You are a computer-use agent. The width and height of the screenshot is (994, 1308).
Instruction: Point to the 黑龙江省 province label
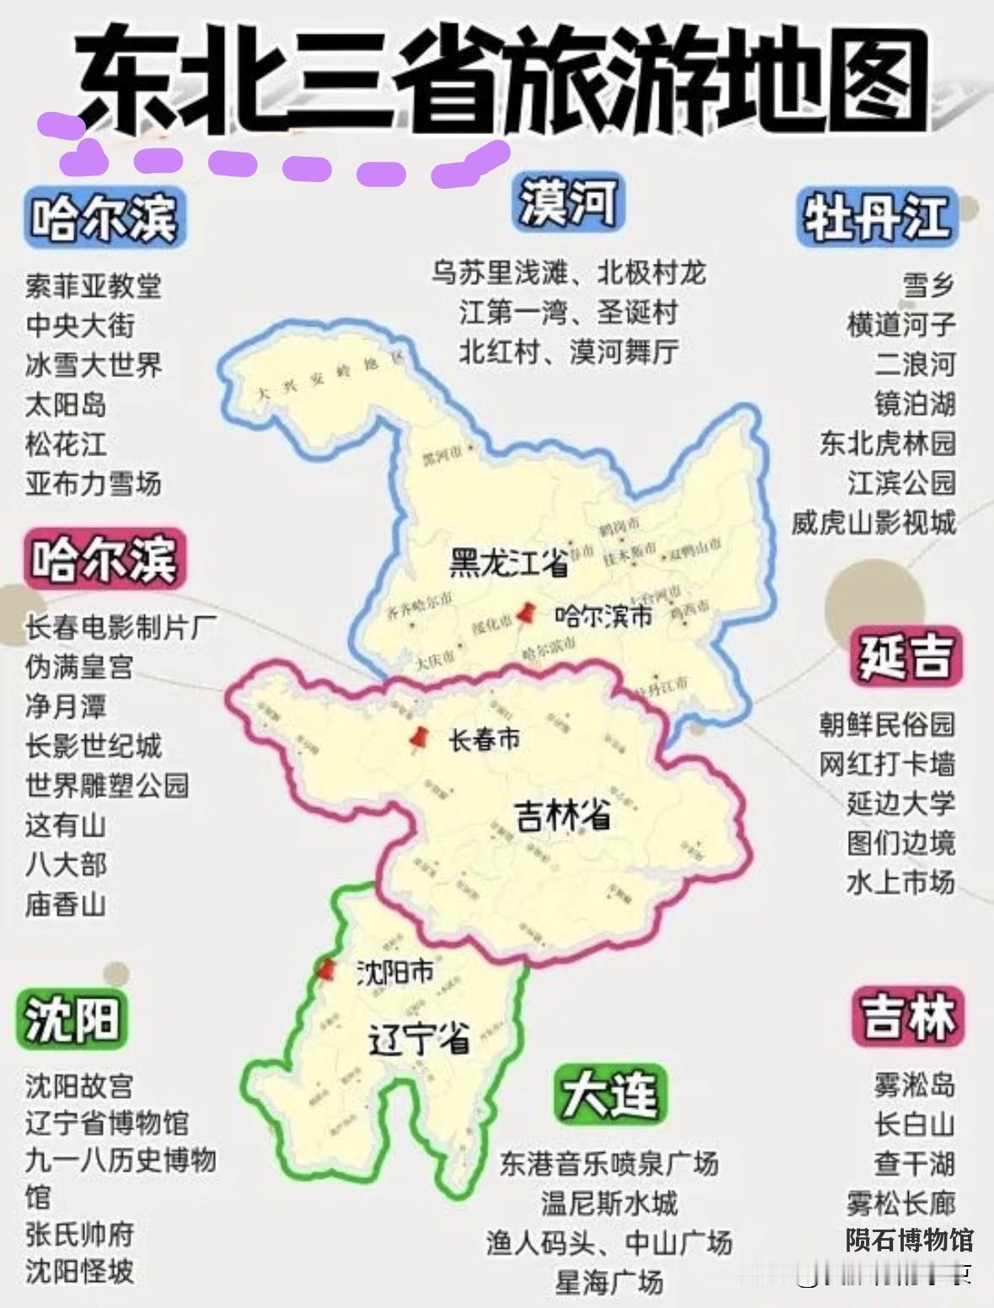click(x=509, y=563)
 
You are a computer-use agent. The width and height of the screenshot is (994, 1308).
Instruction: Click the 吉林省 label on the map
click(x=563, y=815)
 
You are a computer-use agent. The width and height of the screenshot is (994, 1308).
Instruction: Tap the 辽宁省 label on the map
click(x=419, y=1040)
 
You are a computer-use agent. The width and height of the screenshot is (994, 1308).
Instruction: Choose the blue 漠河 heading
click(x=568, y=203)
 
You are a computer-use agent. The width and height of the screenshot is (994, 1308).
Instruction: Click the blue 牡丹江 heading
click(x=875, y=217)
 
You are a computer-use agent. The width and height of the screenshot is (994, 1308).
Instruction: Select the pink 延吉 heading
click(x=905, y=655)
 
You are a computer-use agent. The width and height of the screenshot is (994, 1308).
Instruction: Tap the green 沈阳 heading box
click(x=72, y=1019)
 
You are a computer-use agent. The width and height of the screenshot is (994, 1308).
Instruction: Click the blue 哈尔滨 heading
click(x=104, y=218)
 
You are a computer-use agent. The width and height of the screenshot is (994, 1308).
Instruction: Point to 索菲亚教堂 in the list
click(x=94, y=287)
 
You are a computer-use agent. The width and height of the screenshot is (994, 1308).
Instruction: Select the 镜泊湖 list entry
click(x=914, y=404)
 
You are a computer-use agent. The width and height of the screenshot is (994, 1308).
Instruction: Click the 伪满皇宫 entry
click(x=79, y=667)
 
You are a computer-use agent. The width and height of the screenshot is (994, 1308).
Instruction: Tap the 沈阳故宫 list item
click(x=79, y=1086)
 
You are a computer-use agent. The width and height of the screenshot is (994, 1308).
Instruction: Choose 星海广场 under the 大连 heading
click(x=609, y=1282)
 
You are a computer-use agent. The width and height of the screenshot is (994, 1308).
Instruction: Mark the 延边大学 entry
click(x=900, y=803)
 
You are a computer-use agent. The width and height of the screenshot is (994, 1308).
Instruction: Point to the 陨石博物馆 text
click(x=909, y=1240)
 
